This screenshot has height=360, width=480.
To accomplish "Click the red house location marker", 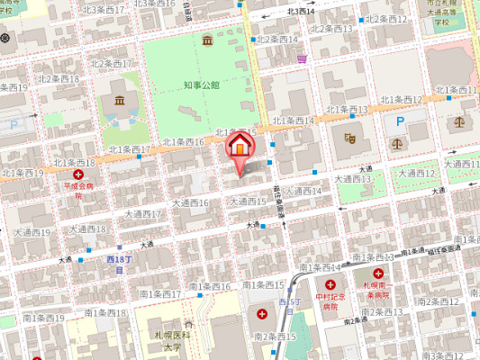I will click(x=240, y=146).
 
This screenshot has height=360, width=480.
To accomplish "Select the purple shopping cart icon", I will click(x=303, y=58).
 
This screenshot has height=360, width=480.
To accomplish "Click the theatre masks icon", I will click(x=350, y=138).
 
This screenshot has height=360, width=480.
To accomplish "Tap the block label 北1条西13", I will click(x=347, y=110).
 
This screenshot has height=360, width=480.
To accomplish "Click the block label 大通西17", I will click(x=143, y=214).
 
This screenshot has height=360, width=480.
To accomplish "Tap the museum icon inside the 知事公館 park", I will click(x=208, y=41).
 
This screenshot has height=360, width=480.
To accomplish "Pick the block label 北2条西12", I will click(x=388, y=19).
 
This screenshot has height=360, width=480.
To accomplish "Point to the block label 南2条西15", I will click(x=276, y=336).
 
